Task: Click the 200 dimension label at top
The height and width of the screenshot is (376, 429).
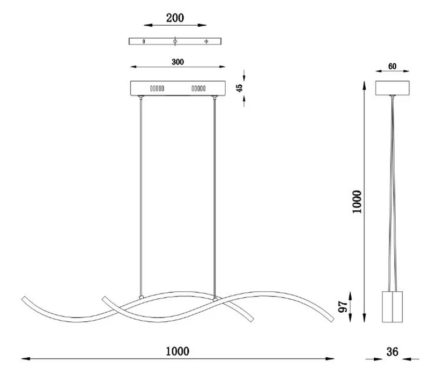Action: (x=175, y=18)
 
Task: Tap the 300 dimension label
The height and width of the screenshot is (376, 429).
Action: (x=178, y=62)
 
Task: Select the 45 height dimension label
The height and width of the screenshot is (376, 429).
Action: (x=239, y=88)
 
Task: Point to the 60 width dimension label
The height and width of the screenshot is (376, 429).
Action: (x=392, y=67)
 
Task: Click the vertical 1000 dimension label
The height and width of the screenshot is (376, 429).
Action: (x=357, y=202)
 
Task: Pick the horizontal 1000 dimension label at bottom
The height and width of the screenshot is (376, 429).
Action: (x=177, y=351)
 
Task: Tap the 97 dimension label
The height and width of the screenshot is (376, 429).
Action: (x=343, y=307)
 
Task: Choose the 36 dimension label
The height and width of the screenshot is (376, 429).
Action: (x=393, y=352)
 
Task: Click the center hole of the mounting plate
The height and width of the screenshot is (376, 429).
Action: (x=175, y=41)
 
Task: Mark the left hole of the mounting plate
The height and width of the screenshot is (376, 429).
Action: (x=144, y=41)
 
